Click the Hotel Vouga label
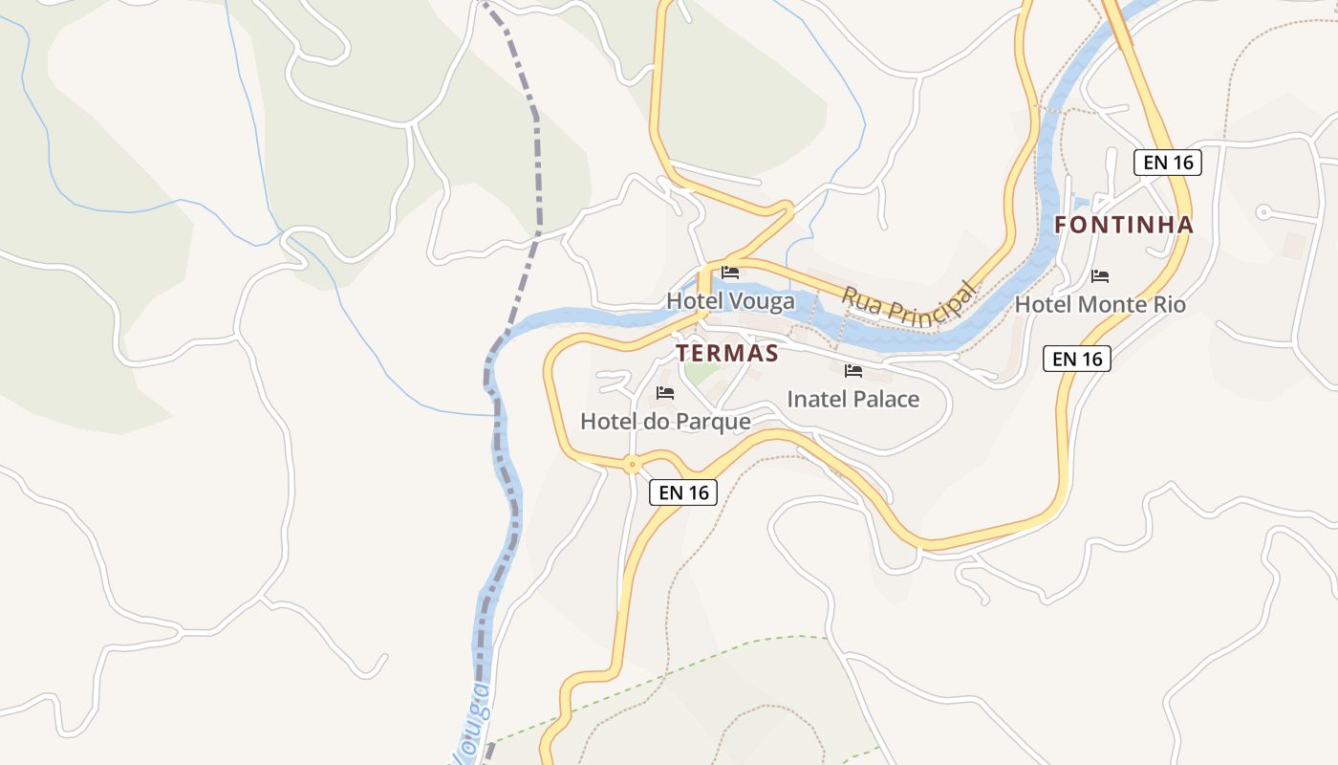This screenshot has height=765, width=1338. point(730,301)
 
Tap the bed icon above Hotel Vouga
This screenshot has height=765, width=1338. point(730,273)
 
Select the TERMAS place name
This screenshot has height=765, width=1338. point(727,353)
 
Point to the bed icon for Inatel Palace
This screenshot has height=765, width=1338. point(853,371)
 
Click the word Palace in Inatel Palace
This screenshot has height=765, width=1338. point(885,400)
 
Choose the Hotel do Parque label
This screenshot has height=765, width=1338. point(665,421)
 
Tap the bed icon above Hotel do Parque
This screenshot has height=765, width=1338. point(665,393)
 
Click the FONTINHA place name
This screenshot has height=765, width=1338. point(1124,225)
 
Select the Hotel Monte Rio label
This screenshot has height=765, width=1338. point(1100,305)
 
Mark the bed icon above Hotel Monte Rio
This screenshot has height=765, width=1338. point(1100,276)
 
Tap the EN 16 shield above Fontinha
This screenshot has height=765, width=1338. point(1168,162)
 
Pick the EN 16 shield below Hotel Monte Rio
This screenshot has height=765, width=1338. point(1076,359)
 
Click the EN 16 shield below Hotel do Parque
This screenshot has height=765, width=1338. point(683,492)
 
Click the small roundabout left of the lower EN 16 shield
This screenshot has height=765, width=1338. point(631,466)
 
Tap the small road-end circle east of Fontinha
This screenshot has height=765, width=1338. point(1262,212)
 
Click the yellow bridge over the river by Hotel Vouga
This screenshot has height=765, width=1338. point(705,288)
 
